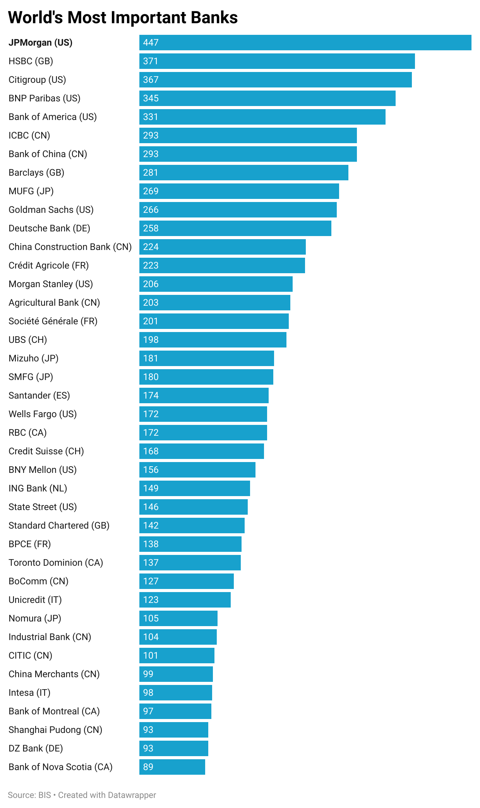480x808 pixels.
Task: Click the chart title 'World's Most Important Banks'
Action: pyautogui.click(x=123, y=18)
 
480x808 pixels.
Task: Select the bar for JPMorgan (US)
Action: pyautogui.click(x=305, y=43)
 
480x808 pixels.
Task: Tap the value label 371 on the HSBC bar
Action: pyautogui.click(x=151, y=61)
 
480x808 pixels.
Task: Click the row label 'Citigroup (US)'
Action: pyautogui.click(x=37, y=80)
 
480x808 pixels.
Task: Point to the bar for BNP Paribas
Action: pyautogui.click(x=267, y=98)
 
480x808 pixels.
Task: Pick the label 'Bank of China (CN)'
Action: pyautogui.click(x=48, y=154)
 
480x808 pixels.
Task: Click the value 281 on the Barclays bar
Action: pyautogui.click(x=151, y=173)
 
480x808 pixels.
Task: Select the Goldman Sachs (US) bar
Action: pyautogui.click(x=238, y=210)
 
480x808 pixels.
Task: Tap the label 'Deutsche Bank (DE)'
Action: pyautogui.click(x=49, y=228)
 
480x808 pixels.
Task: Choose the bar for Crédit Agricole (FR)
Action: pyautogui.click(x=222, y=265)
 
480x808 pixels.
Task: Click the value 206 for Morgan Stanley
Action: pyautogui.click(x=151, y=284)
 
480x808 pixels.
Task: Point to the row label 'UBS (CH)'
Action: pyautogui.click(x=27, y=340)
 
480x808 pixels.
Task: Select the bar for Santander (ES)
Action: pyautogui.click(x=204, y=395)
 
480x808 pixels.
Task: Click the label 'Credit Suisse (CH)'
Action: pyautogui.click(x=46, y=451)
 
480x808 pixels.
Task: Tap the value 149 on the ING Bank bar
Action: pyautogui.click(x=151, y=488)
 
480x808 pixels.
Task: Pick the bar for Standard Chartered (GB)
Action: pyautogui.click(x=192, y=526)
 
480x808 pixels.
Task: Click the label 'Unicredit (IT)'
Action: pyautogui.click(x=35, y=600)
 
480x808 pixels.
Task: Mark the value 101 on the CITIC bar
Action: pyautogui.click(x=151, y=656)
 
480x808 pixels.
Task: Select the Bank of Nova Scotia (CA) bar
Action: pyautogui.click(x=172, y=767)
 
